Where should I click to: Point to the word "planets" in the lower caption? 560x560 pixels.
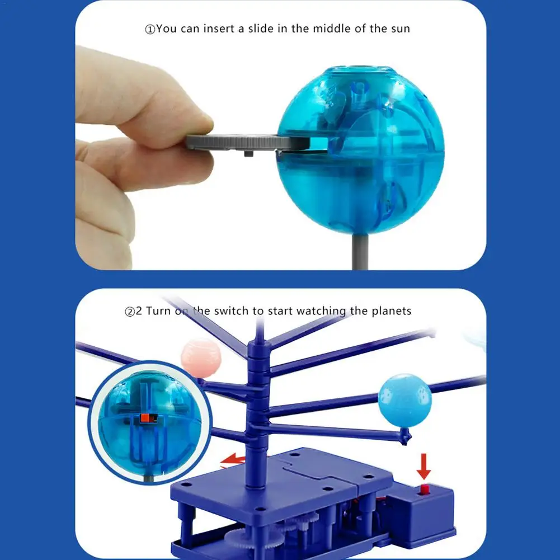tap(392, 311)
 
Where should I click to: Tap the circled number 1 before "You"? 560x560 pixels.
tap(149, 29)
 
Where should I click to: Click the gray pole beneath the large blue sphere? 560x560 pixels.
tap(360, 251)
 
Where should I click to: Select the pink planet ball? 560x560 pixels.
tap(201, 358)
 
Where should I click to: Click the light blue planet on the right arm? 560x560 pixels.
tap(405, 400)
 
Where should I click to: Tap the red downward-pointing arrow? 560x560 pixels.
tap(423, 466)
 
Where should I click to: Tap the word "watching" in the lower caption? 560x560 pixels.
tap(321, 312)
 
